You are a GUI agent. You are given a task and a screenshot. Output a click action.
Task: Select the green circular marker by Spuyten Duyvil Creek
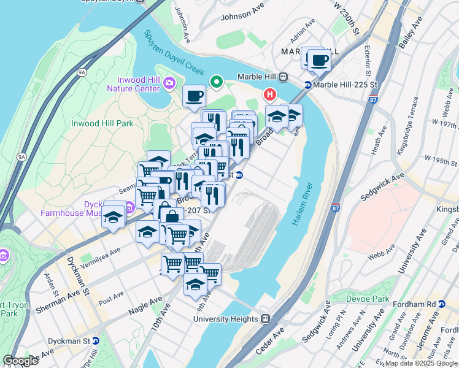point(216,81)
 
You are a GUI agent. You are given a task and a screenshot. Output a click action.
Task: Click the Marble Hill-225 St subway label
point(339,85)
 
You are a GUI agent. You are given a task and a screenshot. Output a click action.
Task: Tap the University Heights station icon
point(266,319)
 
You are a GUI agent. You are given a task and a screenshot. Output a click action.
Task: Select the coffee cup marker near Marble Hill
point(319,61)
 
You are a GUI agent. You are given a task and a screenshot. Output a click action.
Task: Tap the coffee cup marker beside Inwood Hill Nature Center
point(195,96)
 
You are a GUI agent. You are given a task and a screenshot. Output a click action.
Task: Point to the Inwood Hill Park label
point(102,123)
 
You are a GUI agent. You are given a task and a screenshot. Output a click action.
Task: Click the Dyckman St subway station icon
point(96,340)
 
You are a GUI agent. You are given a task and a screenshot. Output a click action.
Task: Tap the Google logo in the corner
point(20,361)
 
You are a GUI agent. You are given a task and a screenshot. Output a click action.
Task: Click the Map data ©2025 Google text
point(421,363)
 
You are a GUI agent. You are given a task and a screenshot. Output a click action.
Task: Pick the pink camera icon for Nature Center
point(169,84)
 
